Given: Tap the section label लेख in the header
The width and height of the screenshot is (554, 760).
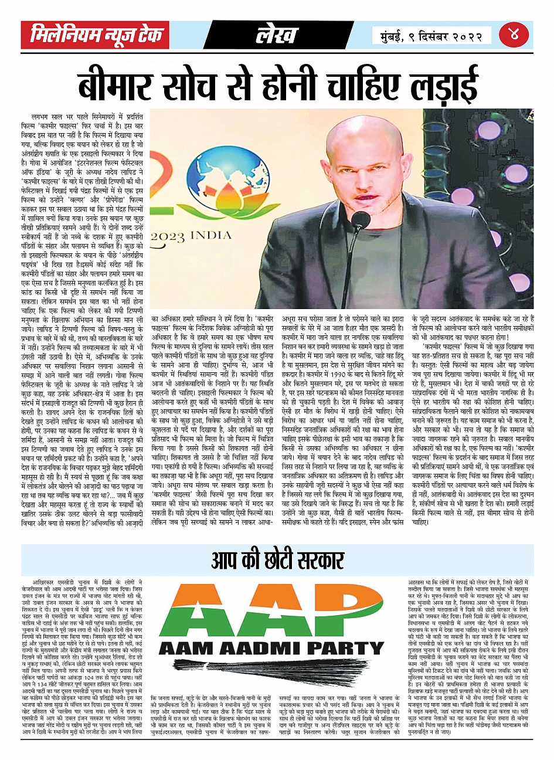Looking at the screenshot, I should (x=277, y=36).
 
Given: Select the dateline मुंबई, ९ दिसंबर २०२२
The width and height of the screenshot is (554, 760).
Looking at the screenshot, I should (x=428, y=36).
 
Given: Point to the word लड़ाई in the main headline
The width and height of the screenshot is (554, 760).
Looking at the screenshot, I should (x=440, y=85).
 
